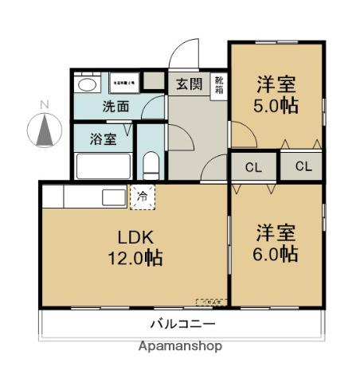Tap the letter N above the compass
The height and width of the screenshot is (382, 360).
pos(45,104)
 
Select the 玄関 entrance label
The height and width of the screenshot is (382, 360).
pos(188,84)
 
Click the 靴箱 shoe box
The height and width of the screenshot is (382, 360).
pos(218,86)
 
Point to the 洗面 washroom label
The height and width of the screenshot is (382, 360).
pos(115,105)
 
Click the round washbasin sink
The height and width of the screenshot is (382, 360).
pos(86,84)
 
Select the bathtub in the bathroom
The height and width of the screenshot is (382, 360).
pos(103,167)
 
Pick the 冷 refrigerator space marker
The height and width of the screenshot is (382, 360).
pos(143,195)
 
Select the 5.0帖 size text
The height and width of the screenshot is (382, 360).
pos(276,105)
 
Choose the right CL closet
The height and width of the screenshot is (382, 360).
pos(301,167)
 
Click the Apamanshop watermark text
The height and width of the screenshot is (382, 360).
pos(180,347)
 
